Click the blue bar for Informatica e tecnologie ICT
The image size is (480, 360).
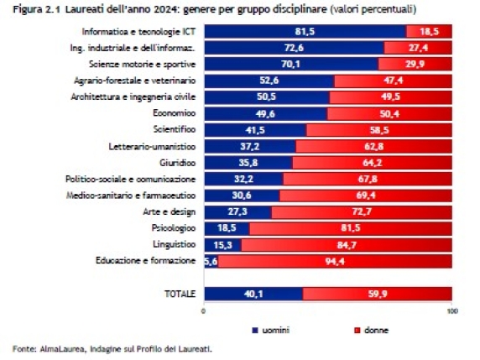(x=304, y=31)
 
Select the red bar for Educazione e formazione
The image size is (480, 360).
(x=336, y=261)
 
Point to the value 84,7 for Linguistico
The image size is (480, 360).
(x=346, y=244)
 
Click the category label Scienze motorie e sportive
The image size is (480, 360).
(x=145, y=64)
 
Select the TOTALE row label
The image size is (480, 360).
(x=179, y=294)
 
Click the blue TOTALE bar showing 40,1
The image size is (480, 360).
(x=253, y=294)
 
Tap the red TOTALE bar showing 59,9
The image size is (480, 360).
(x=377, y=294)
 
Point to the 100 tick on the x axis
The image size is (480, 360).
(x=451, y=311)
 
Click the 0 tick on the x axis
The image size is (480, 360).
(x=204, y=311)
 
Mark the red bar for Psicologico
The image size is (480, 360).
(x=350, y=228)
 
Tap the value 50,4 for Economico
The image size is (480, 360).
(x=390, y=113)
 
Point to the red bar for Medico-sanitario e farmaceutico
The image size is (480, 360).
(x=365, y=195)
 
